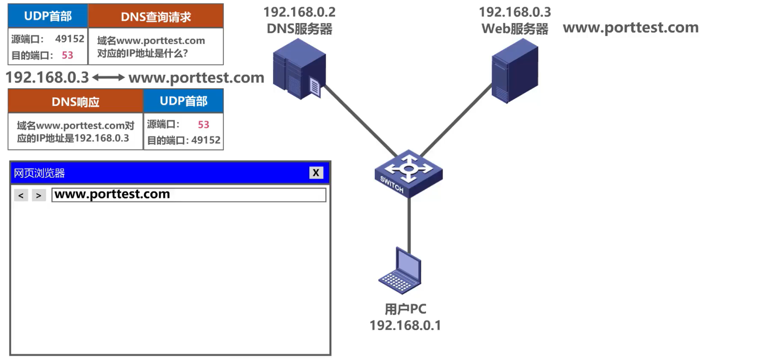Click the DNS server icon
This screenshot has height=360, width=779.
(x=299, y=69)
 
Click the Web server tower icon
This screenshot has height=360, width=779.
(x=514, y=71)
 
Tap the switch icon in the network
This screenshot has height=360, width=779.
(x=409, y=173)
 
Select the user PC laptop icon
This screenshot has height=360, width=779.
(x=400, y=271)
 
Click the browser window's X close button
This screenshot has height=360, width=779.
(x=316, y=173)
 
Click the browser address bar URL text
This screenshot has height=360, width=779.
(x=112, y=194)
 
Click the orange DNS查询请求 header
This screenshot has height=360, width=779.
(x=156, y=17)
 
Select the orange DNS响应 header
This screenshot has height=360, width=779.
(x=75, y=102)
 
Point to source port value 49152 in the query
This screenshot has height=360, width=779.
(x=70, y=39)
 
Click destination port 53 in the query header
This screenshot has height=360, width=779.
(x=68, y=55)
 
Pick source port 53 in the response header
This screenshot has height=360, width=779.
(x=203, y=124)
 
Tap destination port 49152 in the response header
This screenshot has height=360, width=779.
(x=206, y=140)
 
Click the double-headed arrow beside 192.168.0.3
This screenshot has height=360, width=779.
(x=109, y=77)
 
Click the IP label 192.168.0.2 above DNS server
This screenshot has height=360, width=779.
(x=299, y=12)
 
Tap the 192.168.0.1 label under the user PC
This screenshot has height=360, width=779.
(x=405, y=325)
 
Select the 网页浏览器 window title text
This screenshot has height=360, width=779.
(x=39, y=173)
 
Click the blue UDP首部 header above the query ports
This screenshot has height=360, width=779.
(x=48, y=16)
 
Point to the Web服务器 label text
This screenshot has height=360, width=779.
(x=514, y=29)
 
